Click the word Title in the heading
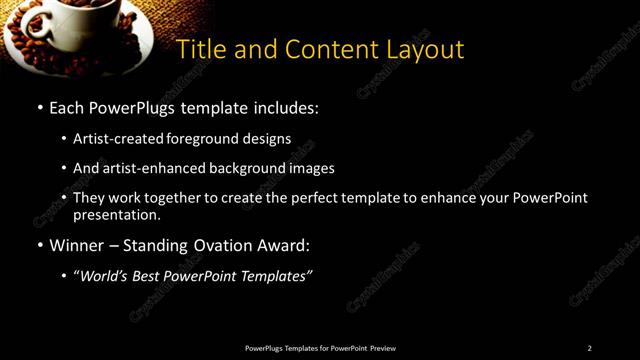(199, 49)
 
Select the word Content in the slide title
(324, 49)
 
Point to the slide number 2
(589, 348)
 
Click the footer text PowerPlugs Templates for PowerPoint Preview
(320, 348)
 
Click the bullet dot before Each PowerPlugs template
(39, 107)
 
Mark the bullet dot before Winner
(39, 245)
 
